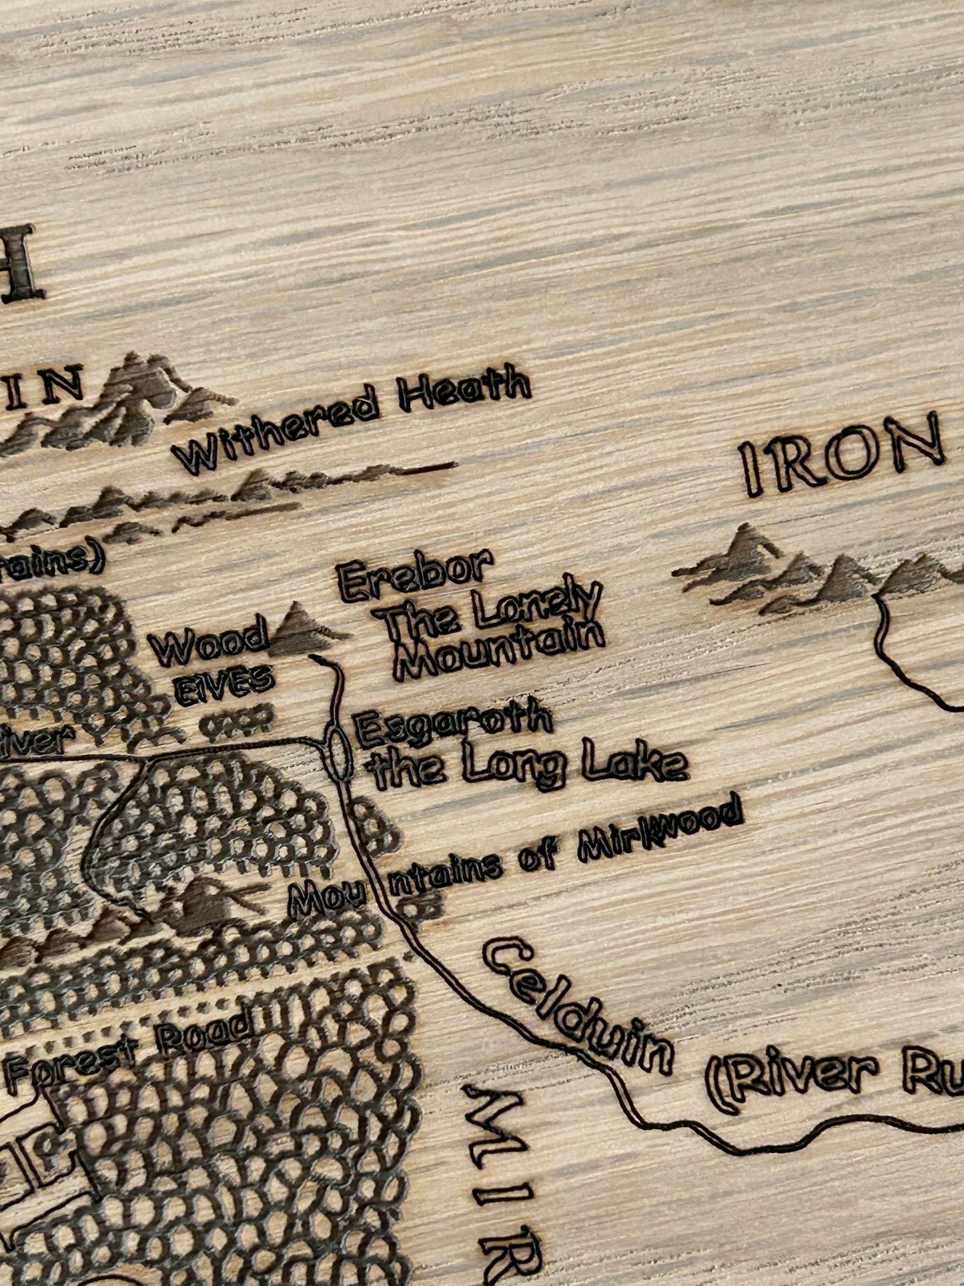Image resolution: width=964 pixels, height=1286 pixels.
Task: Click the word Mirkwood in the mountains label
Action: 660,830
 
